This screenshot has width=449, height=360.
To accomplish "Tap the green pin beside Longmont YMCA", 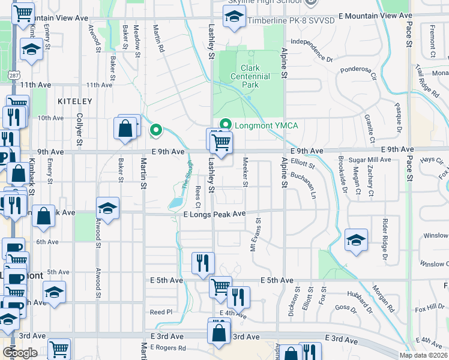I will pyautogui.click(x=225, y=125).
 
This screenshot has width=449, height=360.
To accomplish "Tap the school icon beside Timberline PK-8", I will pyautogui.click(x=233, y=18).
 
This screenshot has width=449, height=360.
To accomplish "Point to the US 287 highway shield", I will pyautogui.click(x=13, y=74).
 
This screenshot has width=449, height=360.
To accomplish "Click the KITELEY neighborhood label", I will pyautogui.click(x=75, y=101).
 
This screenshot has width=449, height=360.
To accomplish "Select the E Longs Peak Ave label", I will pyautogui.click(x=214, y=214).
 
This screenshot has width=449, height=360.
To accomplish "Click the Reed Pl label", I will pyautogui.click(x=161, y=312).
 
